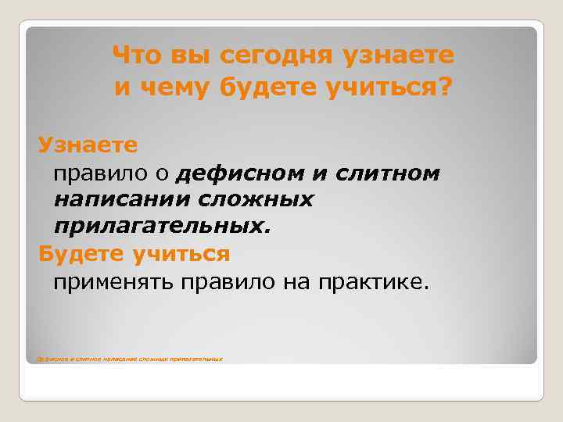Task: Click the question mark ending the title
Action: coord(443,87)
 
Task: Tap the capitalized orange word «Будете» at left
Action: coord(76,254)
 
